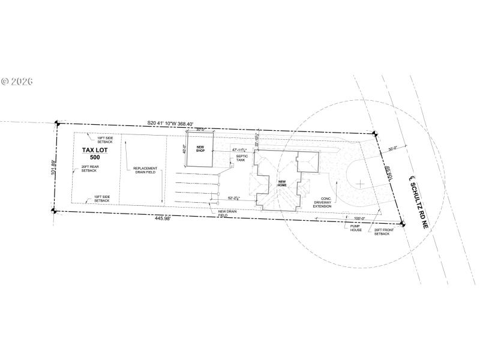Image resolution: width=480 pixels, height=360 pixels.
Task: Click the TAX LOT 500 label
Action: pyautogui.click(x=94, y=154)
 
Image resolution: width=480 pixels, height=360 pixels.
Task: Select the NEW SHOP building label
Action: pyautogui.click(x=200, y=149)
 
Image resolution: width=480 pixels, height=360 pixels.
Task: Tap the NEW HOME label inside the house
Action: pyautogui.click(x=282, y=184)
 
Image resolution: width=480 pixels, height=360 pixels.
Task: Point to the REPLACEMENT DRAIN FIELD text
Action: pyautogui.click(x=145, y=170)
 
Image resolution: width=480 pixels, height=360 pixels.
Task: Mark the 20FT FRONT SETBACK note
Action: pyautogui.click(x=382, y=231)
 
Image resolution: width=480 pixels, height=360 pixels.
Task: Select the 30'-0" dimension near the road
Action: pyautogui.click(x=394, y=149)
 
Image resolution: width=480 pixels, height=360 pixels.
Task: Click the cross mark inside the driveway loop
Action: pyautogui.click(x=359, y=182)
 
